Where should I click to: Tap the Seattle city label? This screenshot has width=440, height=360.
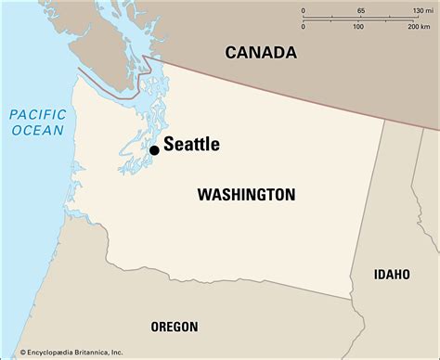click(191, 144)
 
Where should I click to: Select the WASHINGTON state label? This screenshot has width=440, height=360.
click(246, 195)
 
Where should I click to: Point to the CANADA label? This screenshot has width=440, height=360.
click(261, 53)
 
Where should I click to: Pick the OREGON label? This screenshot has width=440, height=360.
click(174, 326)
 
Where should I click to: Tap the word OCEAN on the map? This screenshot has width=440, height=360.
click(38, 130)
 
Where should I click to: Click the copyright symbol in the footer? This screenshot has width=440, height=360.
click(6, 353)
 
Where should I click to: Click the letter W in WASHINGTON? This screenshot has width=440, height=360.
click(203, 195)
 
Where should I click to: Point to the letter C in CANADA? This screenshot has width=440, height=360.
click(230, 53)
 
